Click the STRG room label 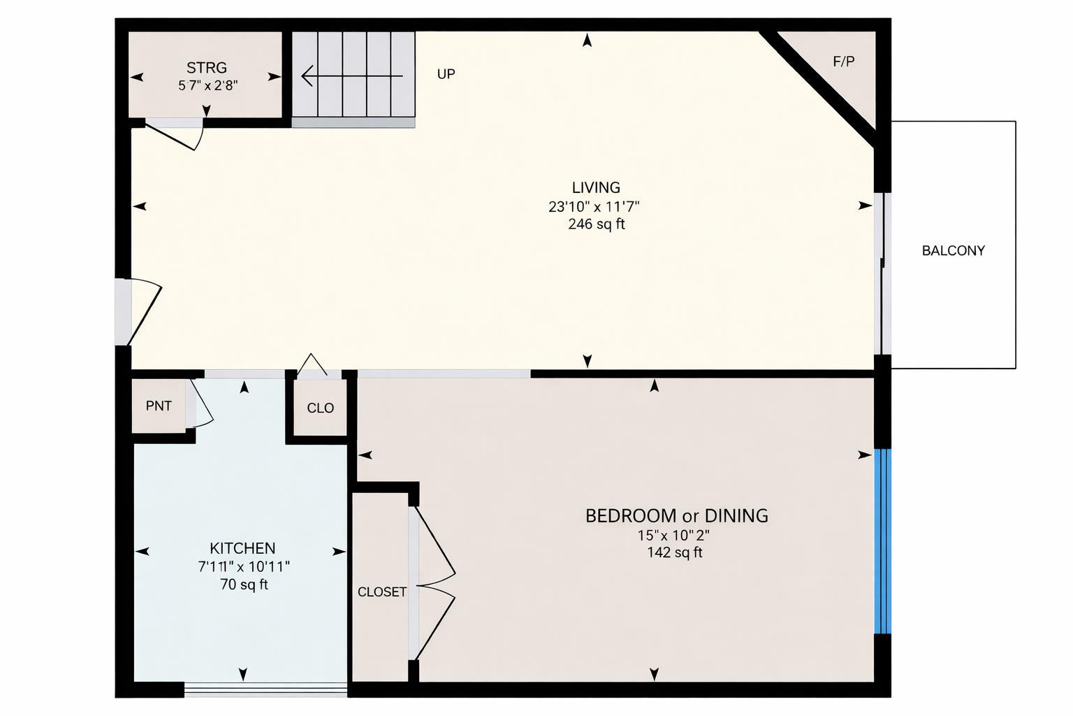pyautogui.click(x=206, y=68)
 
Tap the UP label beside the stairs pyautogui.click(x=446, y=74)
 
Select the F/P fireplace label pyautogui.click(x=843, y=62)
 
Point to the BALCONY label pyautogui.click(x=953, y=250)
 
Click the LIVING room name pyautogui.click(x=595, y=187)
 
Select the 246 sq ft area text pyautogui.click(x=596, y=224)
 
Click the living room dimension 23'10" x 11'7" pyautogui.click(x=594, y=206)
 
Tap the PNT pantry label pyautogui.click(x=159, y=406)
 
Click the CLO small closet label pyautogui.click(x=320, y=408)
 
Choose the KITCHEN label pyautogui.click(x=242, y=548)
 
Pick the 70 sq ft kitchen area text pyautogui.click(x=244, y=585)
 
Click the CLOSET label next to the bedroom pyautogui.click(x=381, y=592)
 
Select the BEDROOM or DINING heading pyautogui.click(x=676, y=516)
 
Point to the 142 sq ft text pyautogui.click(x=674, y=552)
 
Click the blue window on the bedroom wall pyautogui.click(x=883, y=541)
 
